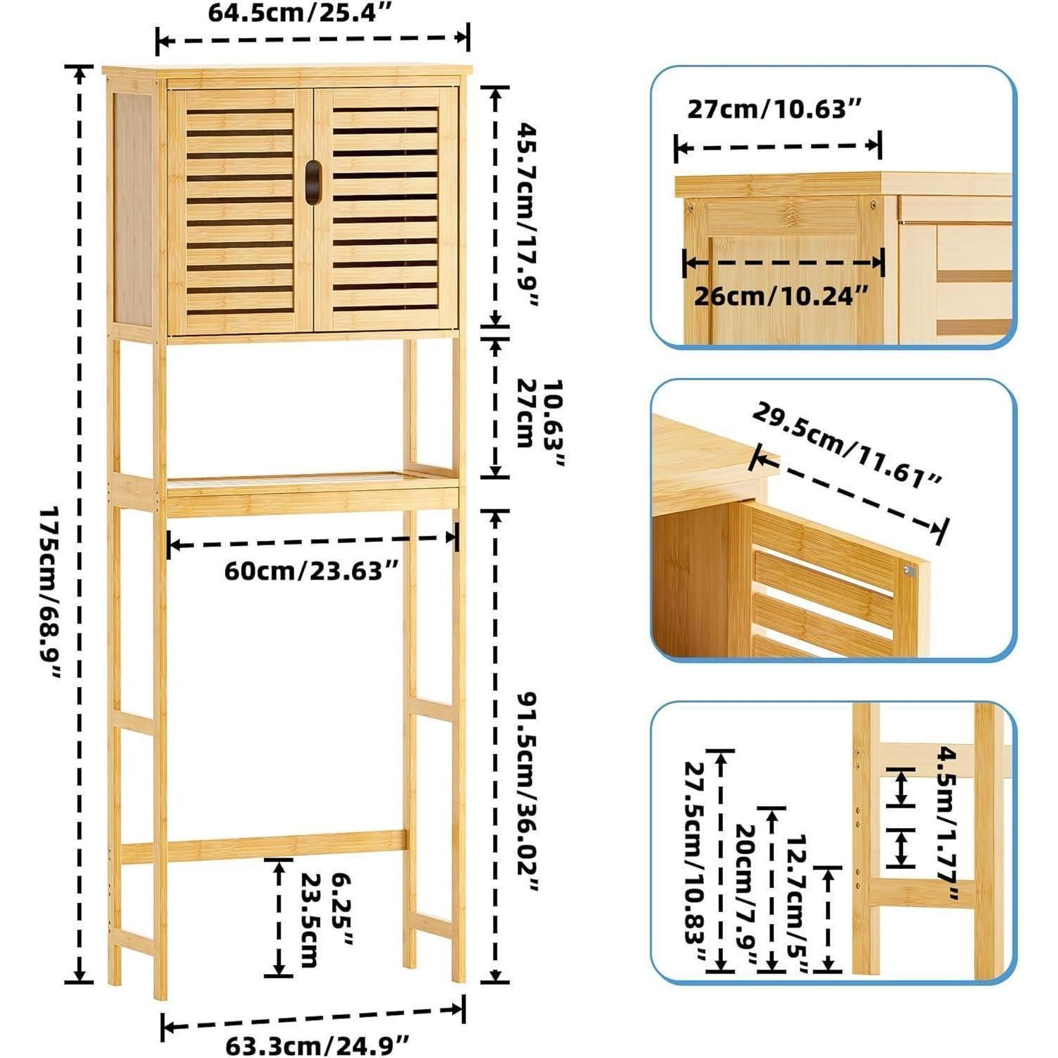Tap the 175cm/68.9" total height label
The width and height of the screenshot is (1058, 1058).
51,592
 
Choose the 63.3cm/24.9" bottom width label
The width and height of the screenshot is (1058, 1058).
317,1044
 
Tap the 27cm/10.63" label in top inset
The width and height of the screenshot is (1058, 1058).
774,109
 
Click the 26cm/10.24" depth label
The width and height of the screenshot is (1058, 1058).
780,296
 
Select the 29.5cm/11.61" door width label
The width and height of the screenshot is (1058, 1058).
846,446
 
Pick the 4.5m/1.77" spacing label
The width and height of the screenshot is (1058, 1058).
947,822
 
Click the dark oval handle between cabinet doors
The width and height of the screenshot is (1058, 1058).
312,182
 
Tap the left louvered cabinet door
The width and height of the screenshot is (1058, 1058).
240,211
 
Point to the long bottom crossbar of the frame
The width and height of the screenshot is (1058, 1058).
264,847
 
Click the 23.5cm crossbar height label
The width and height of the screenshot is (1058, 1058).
311,920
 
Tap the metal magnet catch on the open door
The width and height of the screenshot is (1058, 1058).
909,571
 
